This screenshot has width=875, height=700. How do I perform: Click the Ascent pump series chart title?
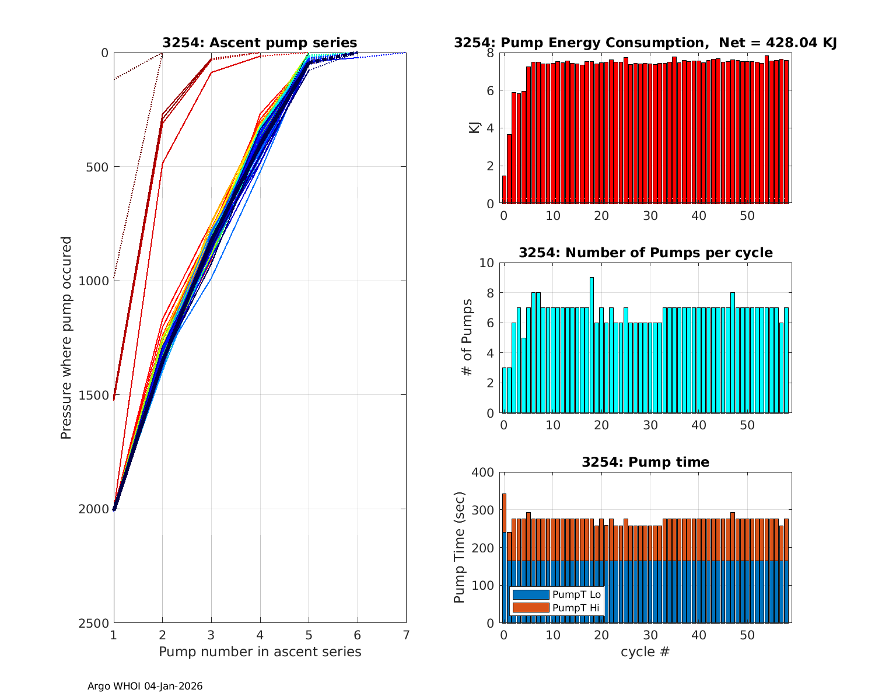[x=260, y=43]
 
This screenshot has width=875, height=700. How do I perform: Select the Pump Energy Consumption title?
[x=645, y=43]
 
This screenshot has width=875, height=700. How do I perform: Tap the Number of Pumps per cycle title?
[x=645, y=253]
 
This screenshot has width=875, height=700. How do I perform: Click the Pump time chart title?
[x=645, y=462]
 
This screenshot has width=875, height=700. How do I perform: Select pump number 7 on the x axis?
[x=406, y=635]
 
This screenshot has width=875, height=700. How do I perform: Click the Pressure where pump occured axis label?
[x=66, y=337]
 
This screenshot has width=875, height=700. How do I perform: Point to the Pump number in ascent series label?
[x=260, y=652]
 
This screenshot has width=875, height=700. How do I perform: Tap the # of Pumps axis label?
[x=467, y=338]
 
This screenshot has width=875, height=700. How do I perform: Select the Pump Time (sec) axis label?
[x=459, y=548]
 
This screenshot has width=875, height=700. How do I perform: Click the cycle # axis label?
[x=645, y=652]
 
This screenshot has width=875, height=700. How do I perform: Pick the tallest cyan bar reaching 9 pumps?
[x=591, y=344]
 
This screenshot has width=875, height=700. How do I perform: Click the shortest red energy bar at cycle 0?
[x=504, y=190]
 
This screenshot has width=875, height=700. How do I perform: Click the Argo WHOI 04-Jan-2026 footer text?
[x=145, y=687]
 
